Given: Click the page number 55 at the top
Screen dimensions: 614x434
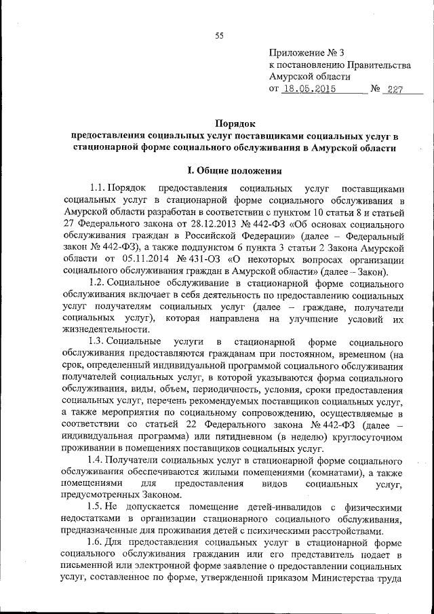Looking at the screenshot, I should click(x=218, y=36).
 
